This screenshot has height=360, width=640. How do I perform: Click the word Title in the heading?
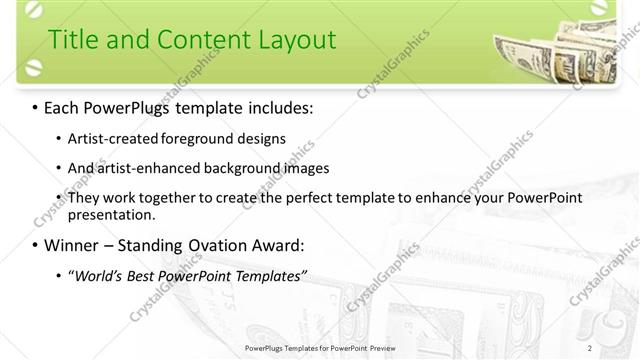click(75, 40)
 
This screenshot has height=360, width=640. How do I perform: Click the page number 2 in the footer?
click(590, 347)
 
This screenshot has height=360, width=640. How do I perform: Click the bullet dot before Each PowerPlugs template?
click(36, 106)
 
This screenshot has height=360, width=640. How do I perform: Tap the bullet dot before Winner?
click(36, 245)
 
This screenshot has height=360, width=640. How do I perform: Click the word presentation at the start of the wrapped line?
click(111, 214)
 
